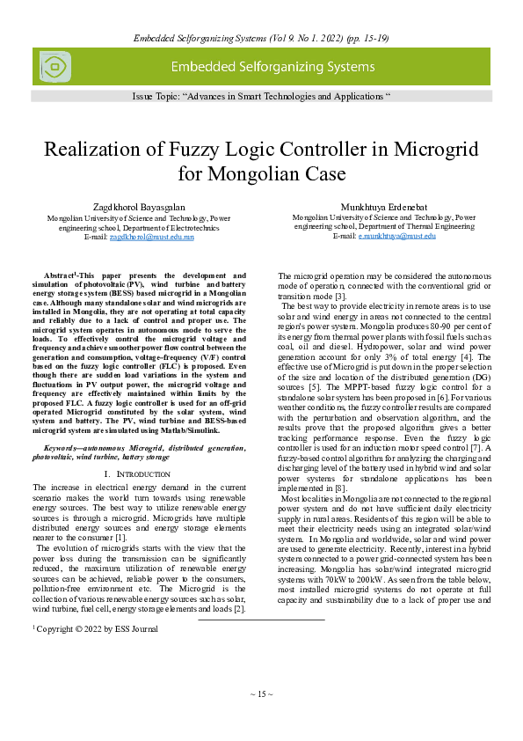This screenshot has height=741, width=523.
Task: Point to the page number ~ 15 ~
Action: [261, 694]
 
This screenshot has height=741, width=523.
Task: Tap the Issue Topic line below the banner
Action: [261, 94]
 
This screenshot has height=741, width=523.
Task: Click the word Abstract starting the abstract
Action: [61, 275]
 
